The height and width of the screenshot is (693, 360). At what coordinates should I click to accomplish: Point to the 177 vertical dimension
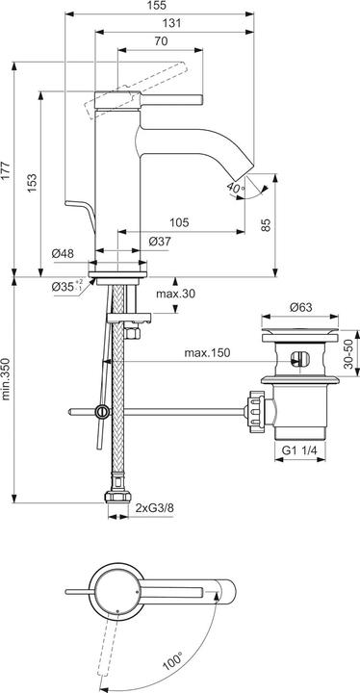8,169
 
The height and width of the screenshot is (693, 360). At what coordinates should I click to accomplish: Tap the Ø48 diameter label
64,254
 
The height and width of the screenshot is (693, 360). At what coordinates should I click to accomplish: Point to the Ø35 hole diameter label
64,285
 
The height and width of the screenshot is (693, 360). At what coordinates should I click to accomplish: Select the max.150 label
208,353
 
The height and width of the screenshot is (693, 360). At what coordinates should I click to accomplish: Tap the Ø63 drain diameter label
301,308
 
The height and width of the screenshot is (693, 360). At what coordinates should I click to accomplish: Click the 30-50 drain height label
351,353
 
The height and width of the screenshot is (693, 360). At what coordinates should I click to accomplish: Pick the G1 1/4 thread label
300,449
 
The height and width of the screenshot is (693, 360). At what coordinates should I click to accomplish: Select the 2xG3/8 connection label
155,506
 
